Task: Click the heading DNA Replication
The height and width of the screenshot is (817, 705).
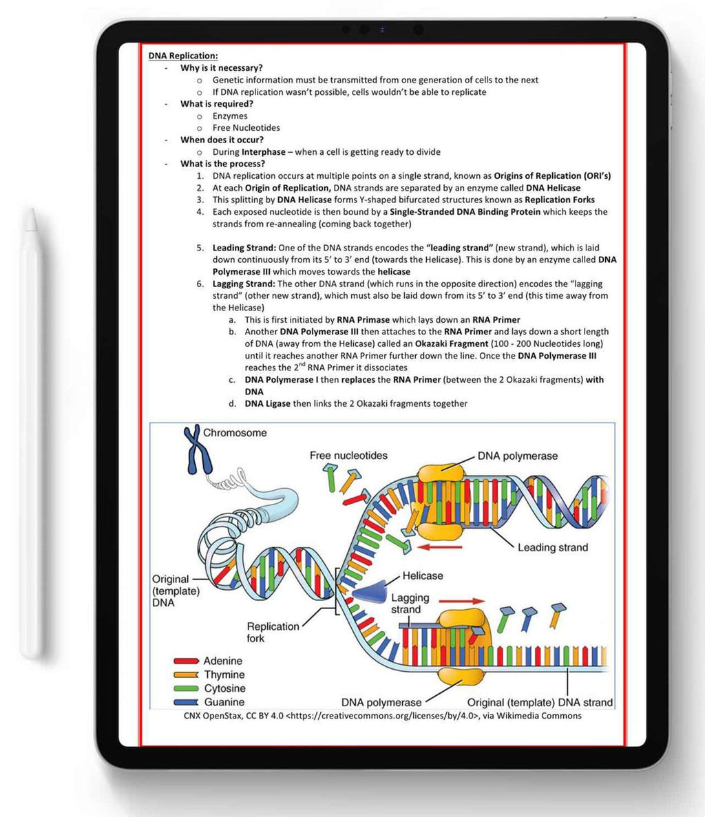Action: pyautogui.click(x=182, y=56)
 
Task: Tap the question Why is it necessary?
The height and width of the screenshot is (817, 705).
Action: pyautogui.click(x=221, y=68)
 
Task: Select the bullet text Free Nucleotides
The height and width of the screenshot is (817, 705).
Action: pyautogui.click(x=246, y=128)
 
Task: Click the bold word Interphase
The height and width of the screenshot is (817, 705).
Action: pyautogui.click(x=262, y=152)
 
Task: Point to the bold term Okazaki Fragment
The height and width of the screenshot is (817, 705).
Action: pyautogui.click(x=452, y=343)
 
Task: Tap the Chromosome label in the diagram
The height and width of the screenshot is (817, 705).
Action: pyautogui.click(x=235, y=433)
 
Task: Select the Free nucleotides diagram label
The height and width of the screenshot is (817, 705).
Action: pyautogui.click(x=348, y=456)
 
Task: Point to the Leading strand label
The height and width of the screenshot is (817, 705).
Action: pyautogui.click(x=553, y=547)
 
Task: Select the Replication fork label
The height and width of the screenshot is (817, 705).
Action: pyautogui.click(x=273, y=632)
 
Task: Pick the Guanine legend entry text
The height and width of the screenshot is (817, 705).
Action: pyautogui.click(x=224, y=702)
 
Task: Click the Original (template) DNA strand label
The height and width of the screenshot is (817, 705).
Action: pyautogui.click(x=540, y=702)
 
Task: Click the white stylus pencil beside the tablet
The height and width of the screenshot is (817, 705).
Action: pyautogui.click(x=30, y=434)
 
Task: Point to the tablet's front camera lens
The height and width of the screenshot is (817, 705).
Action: pyautogui.click(x=381, y=30)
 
